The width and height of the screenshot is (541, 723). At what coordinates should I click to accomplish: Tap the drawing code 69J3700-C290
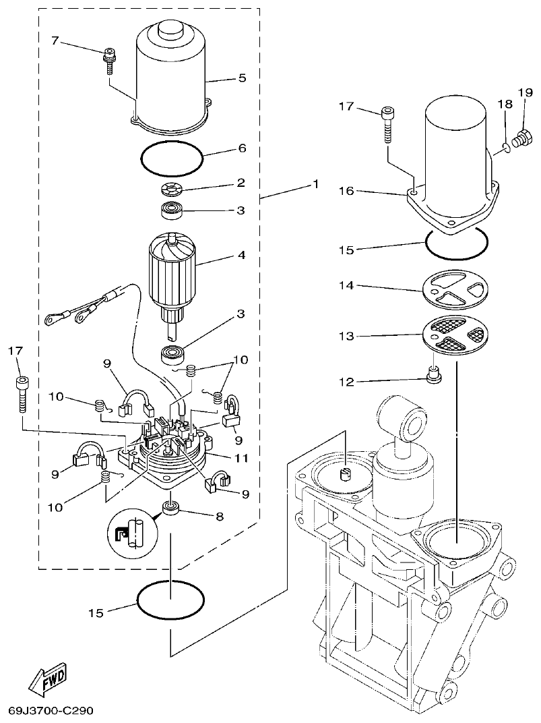[51, 711]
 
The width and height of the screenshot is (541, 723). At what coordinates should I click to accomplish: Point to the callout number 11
[242, 459]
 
